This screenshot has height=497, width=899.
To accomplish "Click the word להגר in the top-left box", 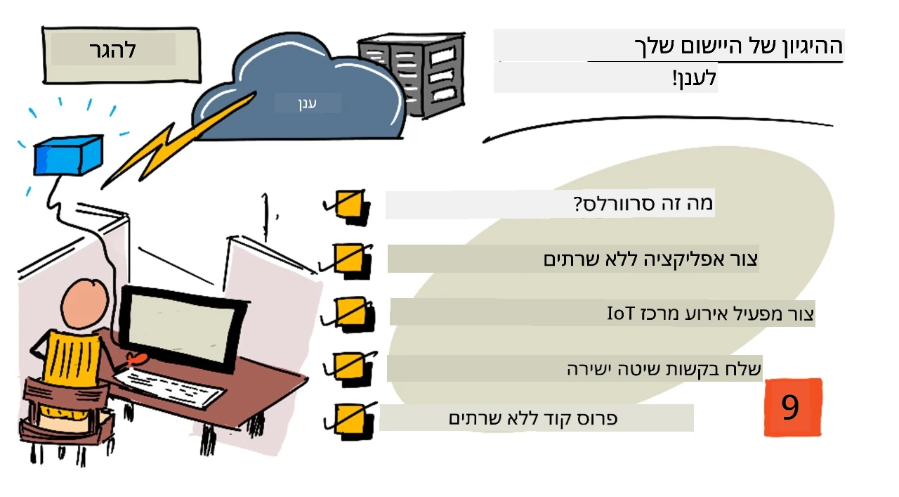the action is pyautogui.click(x=113, y=50).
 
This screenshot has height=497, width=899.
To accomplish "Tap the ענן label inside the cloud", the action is pyautogui.click(x=308, y=103).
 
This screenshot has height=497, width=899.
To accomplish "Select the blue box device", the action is pyautogui.click(x=68, y=155).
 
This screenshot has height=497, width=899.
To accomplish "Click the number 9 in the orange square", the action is pyautogui.click(x=790, y=407).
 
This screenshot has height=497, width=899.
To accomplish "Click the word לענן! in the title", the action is pyautogui.click(x=695, y=78).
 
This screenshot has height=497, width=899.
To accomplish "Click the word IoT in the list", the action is pyautogui.click(x=621, y=314).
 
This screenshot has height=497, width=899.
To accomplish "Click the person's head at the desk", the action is pyautogui.click(x=85, y=304).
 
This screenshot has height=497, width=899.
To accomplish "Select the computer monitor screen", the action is pyautogui.click(x=181, y=326).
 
